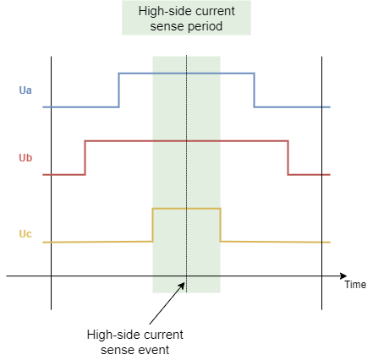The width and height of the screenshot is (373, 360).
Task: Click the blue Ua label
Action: coord(25,90)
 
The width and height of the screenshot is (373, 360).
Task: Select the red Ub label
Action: coord(25,158)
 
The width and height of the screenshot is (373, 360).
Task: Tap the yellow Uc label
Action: coord(25,234)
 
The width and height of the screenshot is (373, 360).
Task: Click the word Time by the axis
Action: coord(355,285)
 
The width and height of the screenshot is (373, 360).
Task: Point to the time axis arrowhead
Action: coord(343,276)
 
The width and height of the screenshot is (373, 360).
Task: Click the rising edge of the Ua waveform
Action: coord(119,90)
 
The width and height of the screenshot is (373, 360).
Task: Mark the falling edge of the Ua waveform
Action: coord(255,90)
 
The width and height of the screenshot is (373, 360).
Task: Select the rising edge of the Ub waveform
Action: coord(85,158)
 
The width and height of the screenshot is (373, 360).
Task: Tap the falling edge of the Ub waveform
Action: coord(288,158)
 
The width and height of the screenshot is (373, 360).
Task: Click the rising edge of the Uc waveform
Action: coord(153,225)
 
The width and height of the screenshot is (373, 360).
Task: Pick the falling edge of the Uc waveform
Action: coord(221,225)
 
